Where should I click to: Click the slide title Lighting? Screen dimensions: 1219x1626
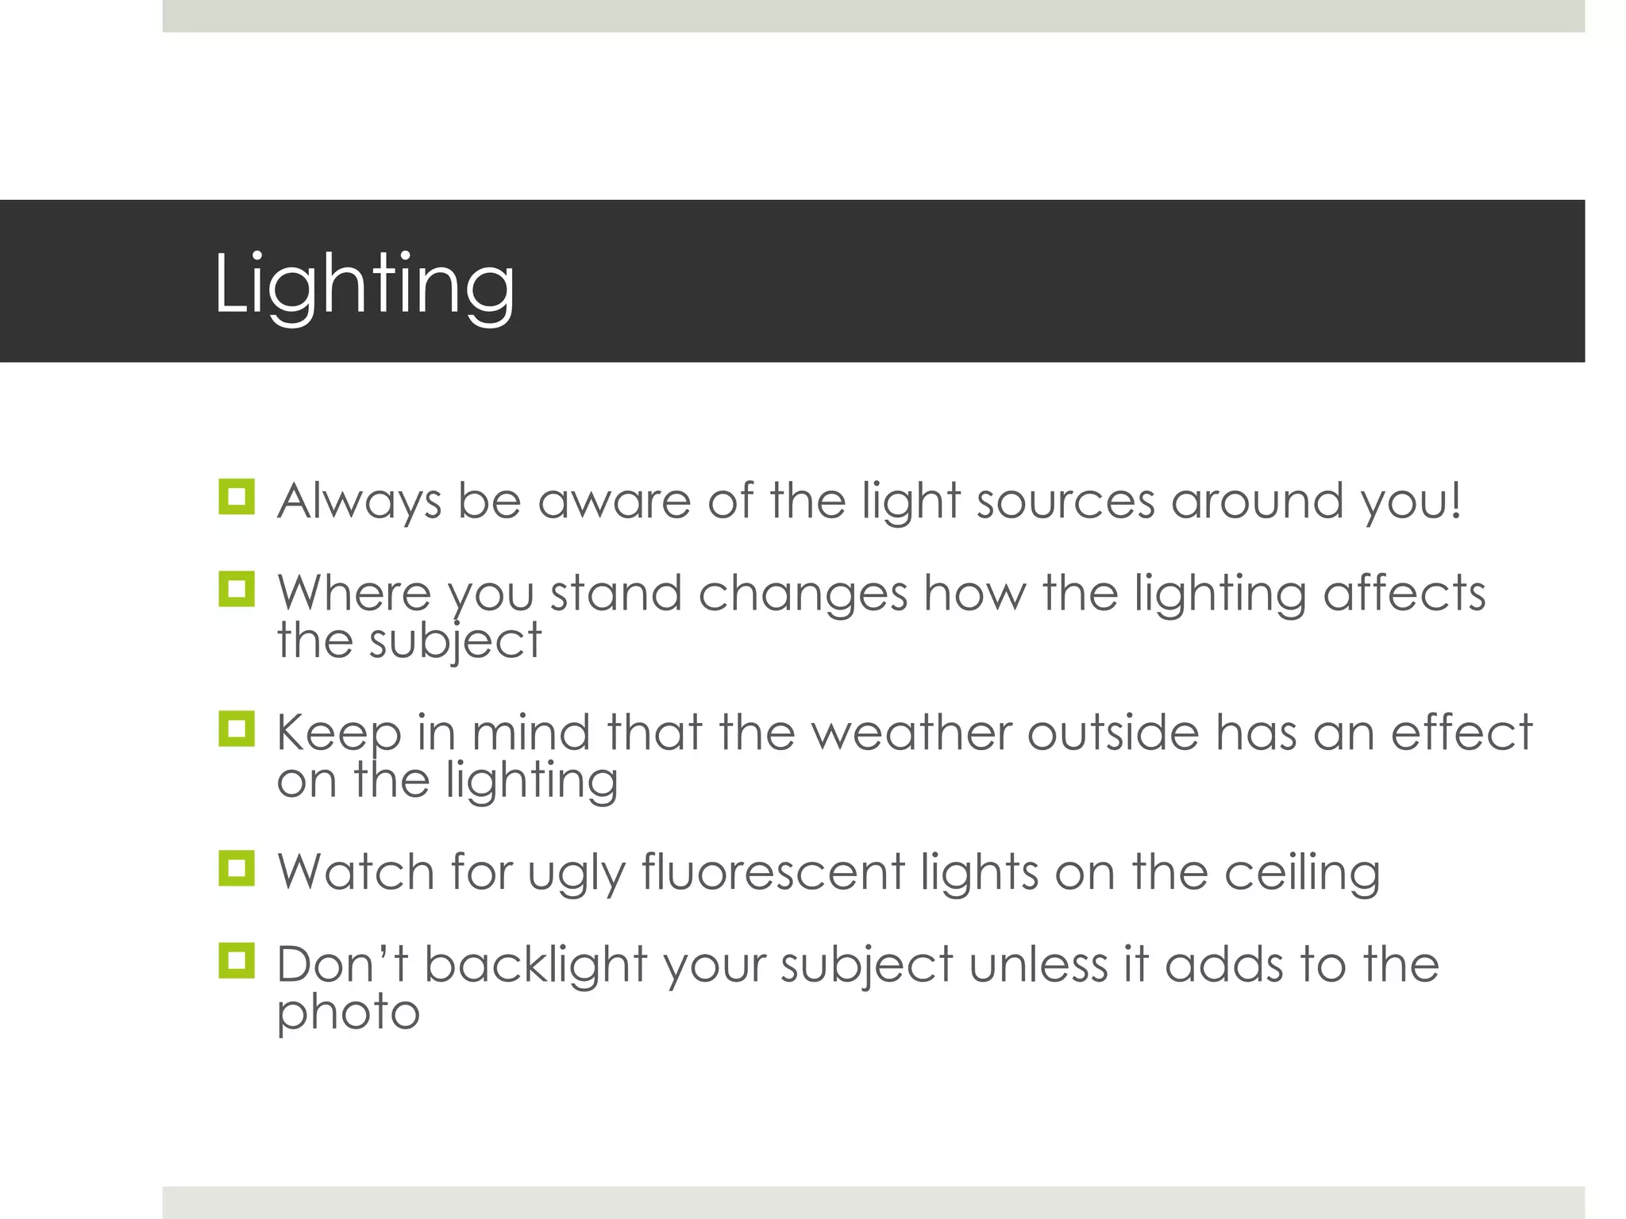click(x=364, y=284)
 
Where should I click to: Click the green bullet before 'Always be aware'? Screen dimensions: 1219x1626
click(x=237, y=497)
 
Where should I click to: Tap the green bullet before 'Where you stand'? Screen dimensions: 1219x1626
click(x=237, y=590)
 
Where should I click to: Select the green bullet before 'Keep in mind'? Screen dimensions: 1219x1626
click(x=237, y=729)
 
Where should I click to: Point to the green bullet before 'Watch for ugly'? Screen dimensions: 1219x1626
click(x=237, y=868)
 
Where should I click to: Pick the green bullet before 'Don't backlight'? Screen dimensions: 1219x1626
click(x=237, y=961)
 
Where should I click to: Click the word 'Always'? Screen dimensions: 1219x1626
click(x=359, y=502)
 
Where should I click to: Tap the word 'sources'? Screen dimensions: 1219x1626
click(x=1065, y=502)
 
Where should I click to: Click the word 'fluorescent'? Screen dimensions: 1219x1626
click(x=773, y=872)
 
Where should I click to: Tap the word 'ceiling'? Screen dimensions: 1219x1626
click(x=1302, y=872)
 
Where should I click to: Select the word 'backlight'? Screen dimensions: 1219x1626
click(x=536, y=965)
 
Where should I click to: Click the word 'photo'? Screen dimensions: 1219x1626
click(x=348, y=1013)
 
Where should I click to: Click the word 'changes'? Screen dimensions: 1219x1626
click(x=803, y=594)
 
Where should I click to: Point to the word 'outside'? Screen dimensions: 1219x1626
click(x=1113, y=733)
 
